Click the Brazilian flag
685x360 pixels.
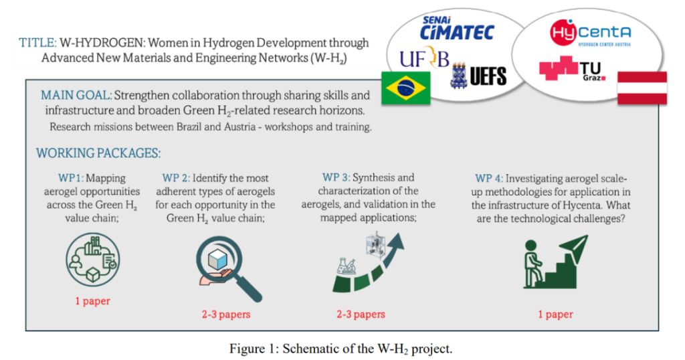[x=406, y=88]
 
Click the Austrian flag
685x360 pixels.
[x=642, y=88]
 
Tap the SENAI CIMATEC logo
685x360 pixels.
[x=456, y=28]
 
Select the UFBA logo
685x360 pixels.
[x=424, y=58]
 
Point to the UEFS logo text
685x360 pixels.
[x=488, y=76]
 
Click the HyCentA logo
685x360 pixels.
[x=590, y=33]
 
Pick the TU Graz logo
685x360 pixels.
[x=573, y=69]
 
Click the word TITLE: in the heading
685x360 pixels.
[x=37, y=43]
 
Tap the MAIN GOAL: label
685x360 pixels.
[x=76, y=95]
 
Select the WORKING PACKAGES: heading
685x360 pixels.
[x=98, y=153]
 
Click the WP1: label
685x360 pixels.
[x=71, y=178]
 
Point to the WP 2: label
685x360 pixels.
[x=176, y=178]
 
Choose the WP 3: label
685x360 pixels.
[x=336, y=177]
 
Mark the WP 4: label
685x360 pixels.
[x=489, y=179]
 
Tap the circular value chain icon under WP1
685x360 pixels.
[x=92, y=260]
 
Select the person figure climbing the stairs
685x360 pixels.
[x=532, y=264]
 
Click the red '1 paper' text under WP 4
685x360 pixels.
[x=555, y=314]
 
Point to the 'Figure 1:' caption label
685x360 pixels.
[x=254, y=349]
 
